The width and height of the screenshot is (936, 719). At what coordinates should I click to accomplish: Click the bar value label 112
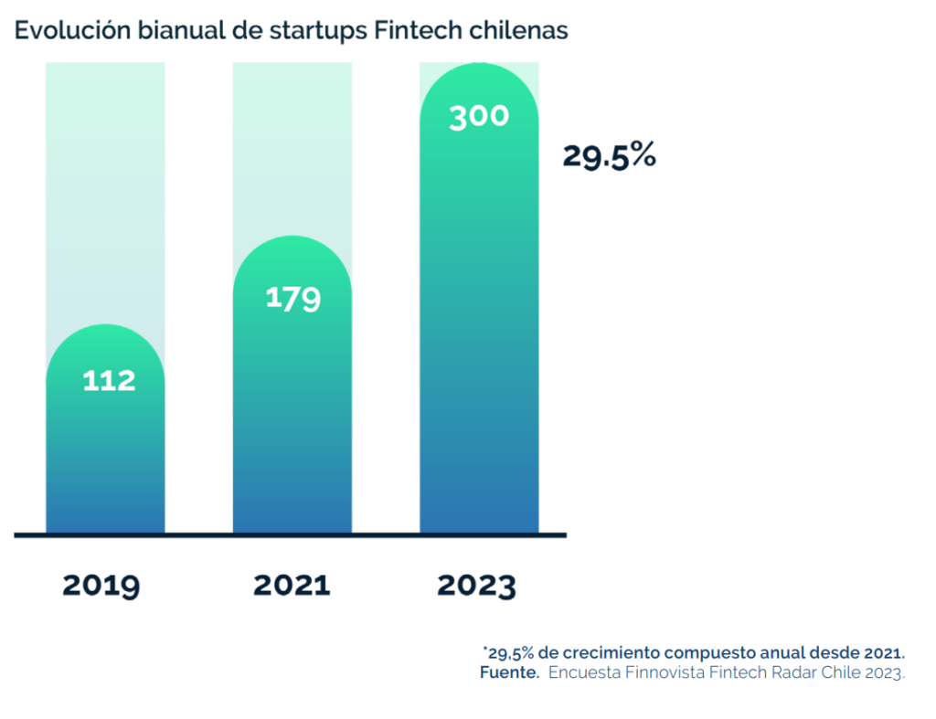[x=109, y=380]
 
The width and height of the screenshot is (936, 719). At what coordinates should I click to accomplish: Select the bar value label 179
[x=292, y=298]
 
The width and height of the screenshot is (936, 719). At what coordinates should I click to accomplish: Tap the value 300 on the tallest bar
[x=479, y=117]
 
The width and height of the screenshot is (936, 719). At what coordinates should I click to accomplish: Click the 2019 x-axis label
[x=101, y=585]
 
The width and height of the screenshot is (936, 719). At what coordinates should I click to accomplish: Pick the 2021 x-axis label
[x=292, y=585]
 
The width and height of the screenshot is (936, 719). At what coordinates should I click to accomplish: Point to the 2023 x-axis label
[x=476, y=585]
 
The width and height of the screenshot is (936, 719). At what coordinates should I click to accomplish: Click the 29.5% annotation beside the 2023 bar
[x=609, y=156]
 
